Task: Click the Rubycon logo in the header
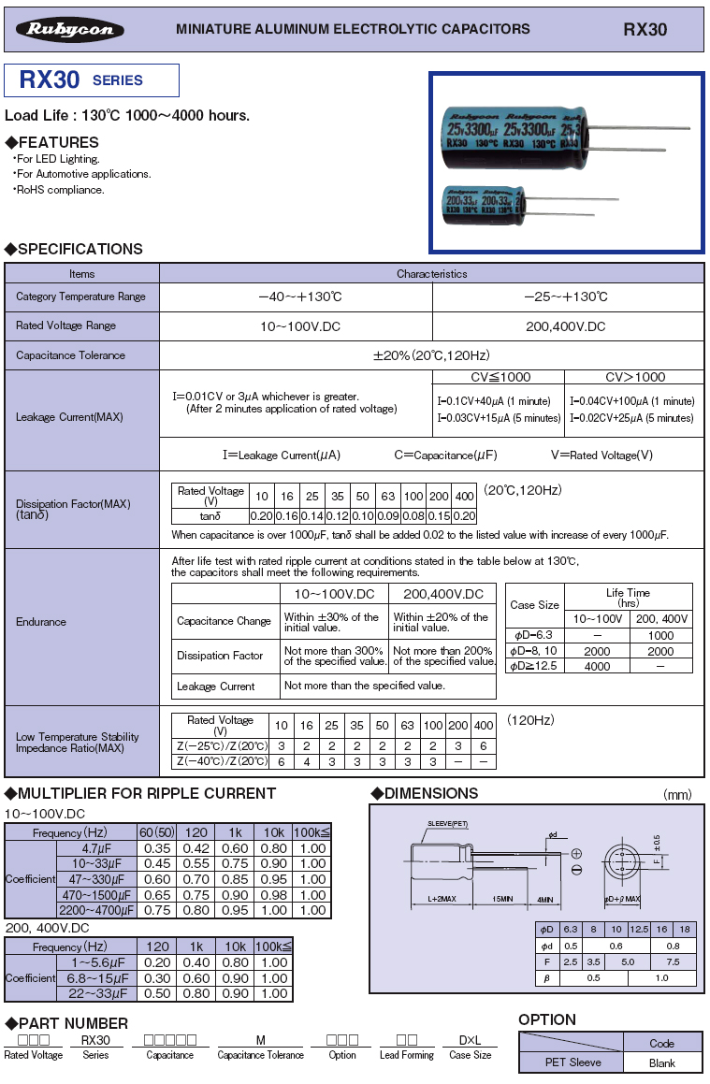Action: pyautogui.click(x=76, y=30)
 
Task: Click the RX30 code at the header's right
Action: pyautogui.click(x=645, y=30)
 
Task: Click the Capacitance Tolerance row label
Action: pyautogui.click(x=70, y=355)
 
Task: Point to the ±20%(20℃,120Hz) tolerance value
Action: pyautogui.click(x=431, y=355)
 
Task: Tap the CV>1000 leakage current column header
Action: pyautogui.click(x=635, y=377)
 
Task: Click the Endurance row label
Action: pyautogui.click(x=41, y=622)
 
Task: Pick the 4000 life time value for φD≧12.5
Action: pyautogui.click(x=597, y=667)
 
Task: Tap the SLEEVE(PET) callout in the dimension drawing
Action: pyautogui.click(x=447, y=823)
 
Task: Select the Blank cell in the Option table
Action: pyautogui.click(x=661, y=1062)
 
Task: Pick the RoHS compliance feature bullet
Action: pyautogui.click(x=61, y=190)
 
